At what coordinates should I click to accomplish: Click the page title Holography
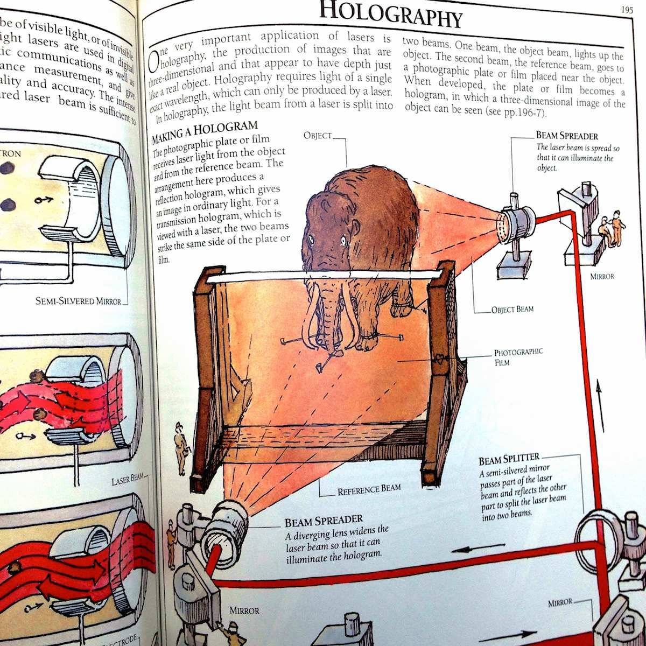click(x=390, y=14)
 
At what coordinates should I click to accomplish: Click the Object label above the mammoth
click(x=318, y=136)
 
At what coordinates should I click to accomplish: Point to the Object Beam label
click(x=512, y=310)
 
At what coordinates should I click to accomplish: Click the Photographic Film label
click(x=518, y=357)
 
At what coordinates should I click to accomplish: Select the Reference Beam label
click(x=369, y=490)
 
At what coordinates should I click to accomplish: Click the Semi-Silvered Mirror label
click(x=78, y=301)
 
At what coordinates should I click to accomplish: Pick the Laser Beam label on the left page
click(x=127, y=479)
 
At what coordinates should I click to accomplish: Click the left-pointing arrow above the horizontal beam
click(x=474, y=551)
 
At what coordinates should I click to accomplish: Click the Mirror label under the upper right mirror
click(x=601, y=277)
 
